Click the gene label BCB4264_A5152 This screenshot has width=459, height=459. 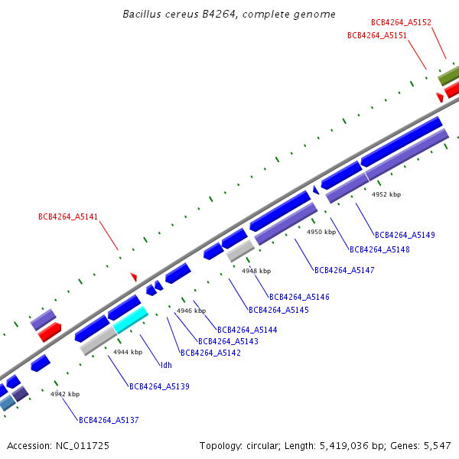tap(401, 23)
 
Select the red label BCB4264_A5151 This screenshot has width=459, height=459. tap(376, 35)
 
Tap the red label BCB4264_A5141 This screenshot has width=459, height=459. tap(68, 216)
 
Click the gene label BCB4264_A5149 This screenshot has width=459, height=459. tap(405, 235)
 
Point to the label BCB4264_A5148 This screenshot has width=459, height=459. tap(379, 249)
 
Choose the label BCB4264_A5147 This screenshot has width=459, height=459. tap(344, 270)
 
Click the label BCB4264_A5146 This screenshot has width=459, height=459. tap(299, 297)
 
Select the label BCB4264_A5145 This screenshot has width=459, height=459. tap(278, 310)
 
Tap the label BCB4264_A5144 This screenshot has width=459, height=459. tap(247, 330)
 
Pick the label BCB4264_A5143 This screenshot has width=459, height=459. tap(228, 341)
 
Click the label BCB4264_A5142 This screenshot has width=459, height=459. tap(210, 353)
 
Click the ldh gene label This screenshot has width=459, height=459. tap(166, 365)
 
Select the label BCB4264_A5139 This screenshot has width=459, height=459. tap(159, 386)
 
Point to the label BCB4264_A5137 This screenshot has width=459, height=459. tap(109, 420)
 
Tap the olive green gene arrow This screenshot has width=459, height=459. tap(448, 76)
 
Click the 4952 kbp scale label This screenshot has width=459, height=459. tap(386, 194)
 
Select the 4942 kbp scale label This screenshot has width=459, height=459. tap(65, 394)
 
